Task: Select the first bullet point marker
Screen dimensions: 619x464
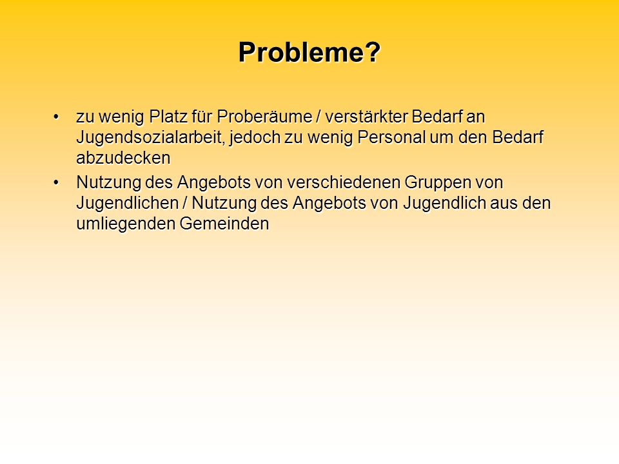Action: click(56, 117)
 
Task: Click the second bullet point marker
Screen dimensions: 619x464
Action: click(56, 182)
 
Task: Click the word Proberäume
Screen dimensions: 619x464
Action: click(264, 117)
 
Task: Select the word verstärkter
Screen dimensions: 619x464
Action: click(366, 117)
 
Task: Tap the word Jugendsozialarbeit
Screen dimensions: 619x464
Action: click(150, 138)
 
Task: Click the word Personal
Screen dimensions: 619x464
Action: click(391, 137)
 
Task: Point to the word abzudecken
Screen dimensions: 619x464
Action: click(123, 158)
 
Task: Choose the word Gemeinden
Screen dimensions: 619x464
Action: click(224, 224)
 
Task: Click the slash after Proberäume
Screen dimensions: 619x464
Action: click(319, 117)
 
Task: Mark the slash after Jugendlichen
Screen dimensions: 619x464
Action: click(185, 203)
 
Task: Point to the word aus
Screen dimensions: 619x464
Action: click(504, 204)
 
